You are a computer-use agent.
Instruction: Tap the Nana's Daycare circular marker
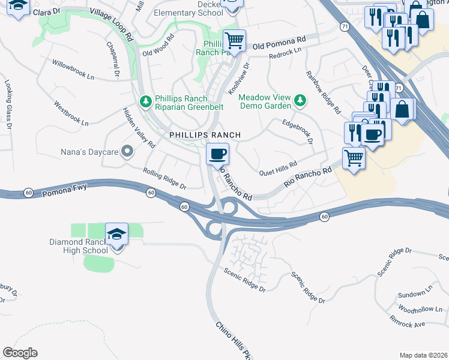(127, 152)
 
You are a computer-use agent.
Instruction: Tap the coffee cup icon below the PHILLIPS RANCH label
(217, 154)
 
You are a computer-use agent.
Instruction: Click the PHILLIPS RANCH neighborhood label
(205, 136)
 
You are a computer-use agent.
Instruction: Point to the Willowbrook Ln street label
(73, 70)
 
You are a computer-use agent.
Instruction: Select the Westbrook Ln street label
(71, 113)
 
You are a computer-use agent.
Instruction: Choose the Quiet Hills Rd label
(278, 169)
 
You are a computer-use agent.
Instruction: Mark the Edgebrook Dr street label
(298, 131)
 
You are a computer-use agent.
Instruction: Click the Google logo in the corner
(20, 353)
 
